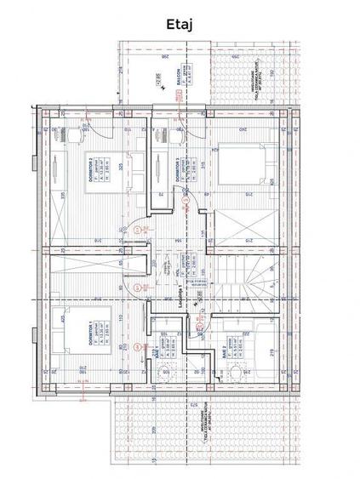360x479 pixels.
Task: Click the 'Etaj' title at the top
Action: tap(180, 26)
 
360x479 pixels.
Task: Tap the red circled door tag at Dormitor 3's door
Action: tap(189, 201)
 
